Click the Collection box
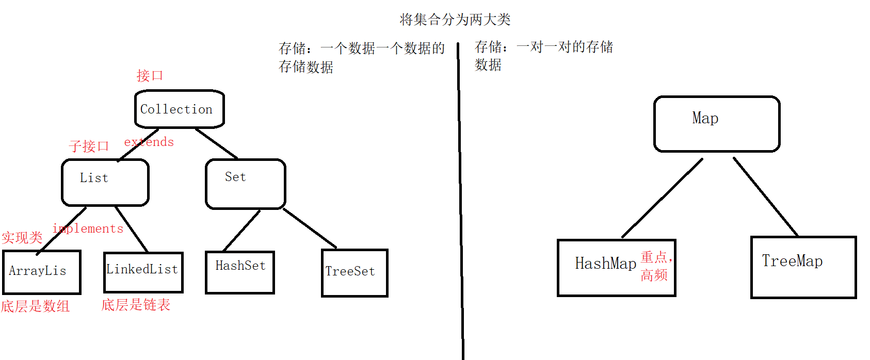pyautogui.click(x=179, y=109)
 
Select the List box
pyautogui.click(x=105, y=182)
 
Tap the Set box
pyautogui.click(x=245, y=184)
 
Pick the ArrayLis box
pyautogui.click(x=41, y=272)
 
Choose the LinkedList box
pyautogui.click(x=143, y=272)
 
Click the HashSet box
pyautogui.click(x=240, y=272)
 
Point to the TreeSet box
pyautogui.click(x=354, y=273)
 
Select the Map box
pyautogui.click(x=716, y=124)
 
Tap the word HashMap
pyautogui.click(x=605, y=264)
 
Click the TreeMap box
pyautogui.click(x=803, y=267)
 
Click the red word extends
pyautogui.click(x=149, y=142)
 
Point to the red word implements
pyautogui.click(x=88, y=228)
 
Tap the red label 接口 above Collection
pyautogui.click(x=150, y=76)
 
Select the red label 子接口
pyautogui.click(x=89, y=146)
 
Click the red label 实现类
pyautogui.click(x=22, y=238)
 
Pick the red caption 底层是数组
pyautogui.click(x=35, y=306)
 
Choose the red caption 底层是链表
pyautogui.click(x=136, y=305)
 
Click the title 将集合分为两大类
pyautogui.click(x=455, y=20)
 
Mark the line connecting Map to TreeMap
pyautogui.click(x=765, y=197)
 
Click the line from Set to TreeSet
pyautogui.click(x=310, y=228)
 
